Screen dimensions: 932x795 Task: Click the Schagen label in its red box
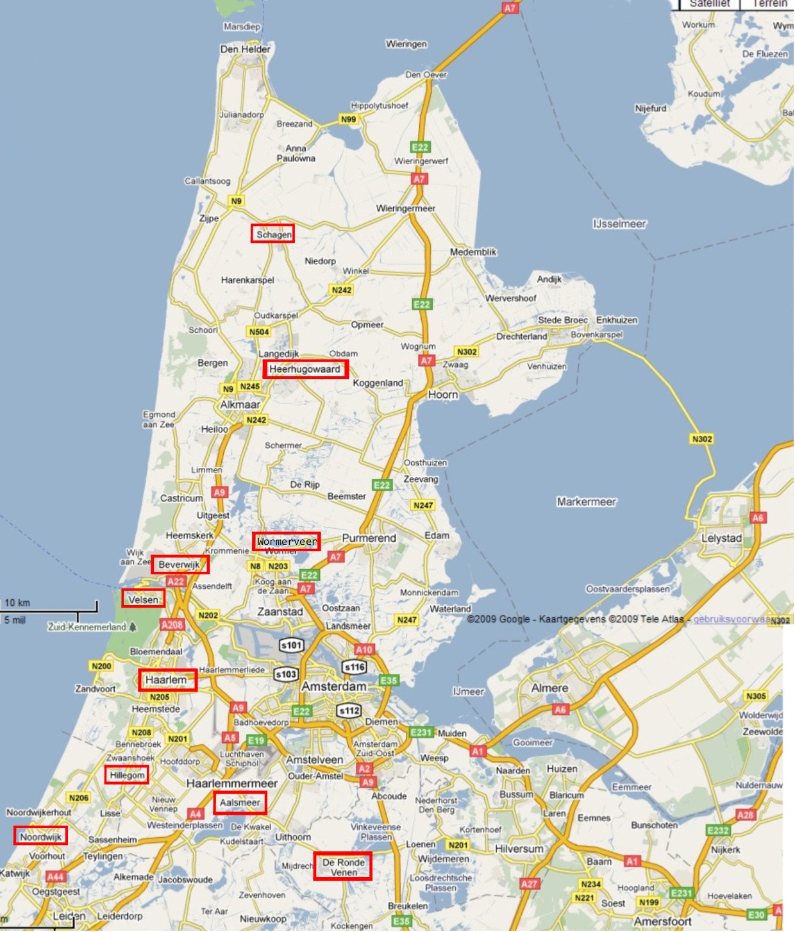(x=273, y=234)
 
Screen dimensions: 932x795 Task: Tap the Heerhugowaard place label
(x=305, y=369)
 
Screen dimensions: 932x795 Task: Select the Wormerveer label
(x=287, y=542)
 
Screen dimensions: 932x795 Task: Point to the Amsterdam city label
(x=334, y=687)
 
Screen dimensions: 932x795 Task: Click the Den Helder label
(x=246, y=49)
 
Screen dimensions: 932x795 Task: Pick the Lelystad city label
(x=721, y=538)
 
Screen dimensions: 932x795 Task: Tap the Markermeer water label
(x=586, y=502)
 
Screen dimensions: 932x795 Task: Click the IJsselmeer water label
(x=619, y=224)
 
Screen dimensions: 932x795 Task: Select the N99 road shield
(x=348, y=119)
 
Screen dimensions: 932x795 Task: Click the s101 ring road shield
(x=292, y=645)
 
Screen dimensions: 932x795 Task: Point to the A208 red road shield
(x=172, y=624)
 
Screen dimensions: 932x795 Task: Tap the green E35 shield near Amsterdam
(x=389, y=680)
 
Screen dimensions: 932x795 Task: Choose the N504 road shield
(x=259, y=332)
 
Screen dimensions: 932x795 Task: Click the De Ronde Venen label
(x=343, y=867)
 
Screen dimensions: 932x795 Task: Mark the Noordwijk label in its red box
(x=40, y=837)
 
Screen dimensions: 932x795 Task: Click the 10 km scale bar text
(x=17, y=603)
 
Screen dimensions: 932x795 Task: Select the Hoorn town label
(x=443, y=395)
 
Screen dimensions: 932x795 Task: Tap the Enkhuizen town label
(x=617, y=320)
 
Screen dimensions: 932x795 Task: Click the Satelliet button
(x=709, y=4)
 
